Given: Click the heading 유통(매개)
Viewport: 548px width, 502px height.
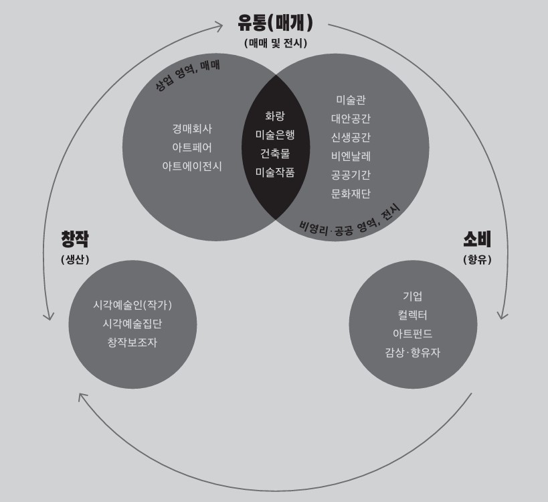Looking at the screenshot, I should point(275,23).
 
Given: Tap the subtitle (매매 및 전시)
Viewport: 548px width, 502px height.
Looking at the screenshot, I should point(275,44).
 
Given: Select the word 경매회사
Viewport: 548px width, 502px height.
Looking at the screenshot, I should point(192,129).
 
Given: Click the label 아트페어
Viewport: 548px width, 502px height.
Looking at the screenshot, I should point(192,147).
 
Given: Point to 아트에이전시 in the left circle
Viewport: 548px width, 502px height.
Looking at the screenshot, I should point(192,166).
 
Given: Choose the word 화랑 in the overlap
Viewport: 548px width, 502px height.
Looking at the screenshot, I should point(275,116).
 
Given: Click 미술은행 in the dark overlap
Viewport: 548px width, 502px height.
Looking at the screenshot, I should point(275,135).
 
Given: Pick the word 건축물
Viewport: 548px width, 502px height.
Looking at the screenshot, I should point(275,153).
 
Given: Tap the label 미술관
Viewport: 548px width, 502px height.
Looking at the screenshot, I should point(351,100).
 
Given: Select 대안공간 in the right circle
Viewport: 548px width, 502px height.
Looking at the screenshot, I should point(351,119).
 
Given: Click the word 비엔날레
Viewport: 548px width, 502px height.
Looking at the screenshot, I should point(351,156).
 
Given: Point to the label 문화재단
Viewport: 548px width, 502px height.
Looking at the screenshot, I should point(351,194).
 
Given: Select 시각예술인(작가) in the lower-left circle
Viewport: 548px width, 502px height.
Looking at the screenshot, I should point(132,305).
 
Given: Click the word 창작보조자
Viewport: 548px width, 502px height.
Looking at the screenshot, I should point(132,342).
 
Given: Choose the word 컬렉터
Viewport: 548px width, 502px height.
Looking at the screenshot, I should point(412,314).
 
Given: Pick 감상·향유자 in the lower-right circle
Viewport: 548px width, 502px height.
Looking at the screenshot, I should point(412,352).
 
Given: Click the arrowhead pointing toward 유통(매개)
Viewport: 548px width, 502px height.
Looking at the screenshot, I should point(219,26).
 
